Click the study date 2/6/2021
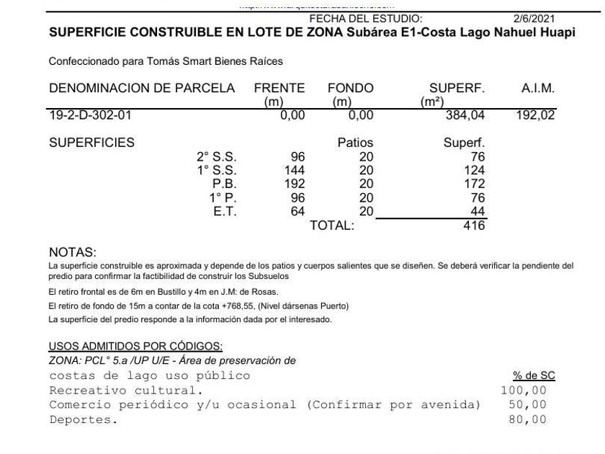[534, 19]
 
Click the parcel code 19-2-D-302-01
[90, 115]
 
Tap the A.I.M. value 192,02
[535, 115]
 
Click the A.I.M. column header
[537, 89]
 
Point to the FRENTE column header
[279, 89]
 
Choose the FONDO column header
[350, 89]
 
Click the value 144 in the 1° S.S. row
[295, 170]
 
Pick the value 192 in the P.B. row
[295, 184]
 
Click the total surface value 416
[475, 226]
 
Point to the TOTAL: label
[332, 226]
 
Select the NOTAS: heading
[72, 253]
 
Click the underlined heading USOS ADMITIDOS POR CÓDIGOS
[135, 347]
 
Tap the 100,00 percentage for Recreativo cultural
[524, 391]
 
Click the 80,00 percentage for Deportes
[527, 419]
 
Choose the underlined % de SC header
[534, 376]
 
